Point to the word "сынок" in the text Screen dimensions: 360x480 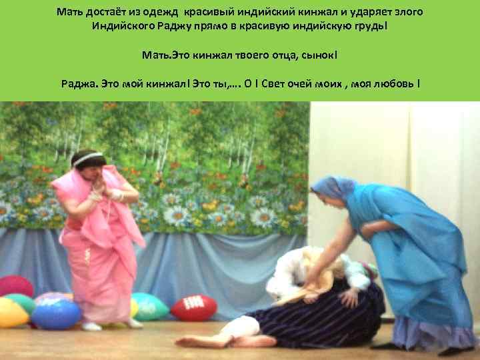click(323, 54)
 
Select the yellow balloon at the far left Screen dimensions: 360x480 click(12, 313)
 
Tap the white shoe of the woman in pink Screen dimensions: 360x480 click(91, 326)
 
